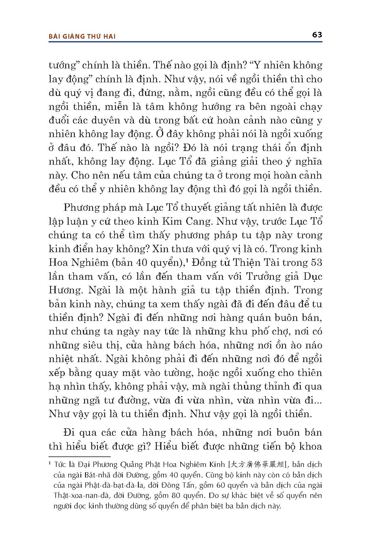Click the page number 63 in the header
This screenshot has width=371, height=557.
point(317,35)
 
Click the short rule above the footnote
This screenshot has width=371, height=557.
point(79,456)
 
